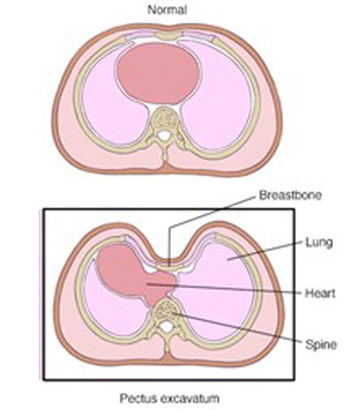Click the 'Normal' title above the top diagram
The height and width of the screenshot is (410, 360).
coord(168,10)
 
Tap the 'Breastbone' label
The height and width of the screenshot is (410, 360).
coord(290,195)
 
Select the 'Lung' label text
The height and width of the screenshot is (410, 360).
coord(319,242)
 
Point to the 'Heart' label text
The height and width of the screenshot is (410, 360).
coord(321,293)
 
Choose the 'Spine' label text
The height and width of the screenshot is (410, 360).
coord(321,345)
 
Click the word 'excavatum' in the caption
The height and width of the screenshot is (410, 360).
coord(189,399)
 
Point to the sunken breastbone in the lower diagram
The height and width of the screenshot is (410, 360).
coord(170,266)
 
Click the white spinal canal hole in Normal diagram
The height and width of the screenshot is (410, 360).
coord(165,135)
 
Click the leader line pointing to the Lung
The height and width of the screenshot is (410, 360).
coord(264,251)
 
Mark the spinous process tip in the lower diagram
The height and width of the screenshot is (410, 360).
coord(166,350)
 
